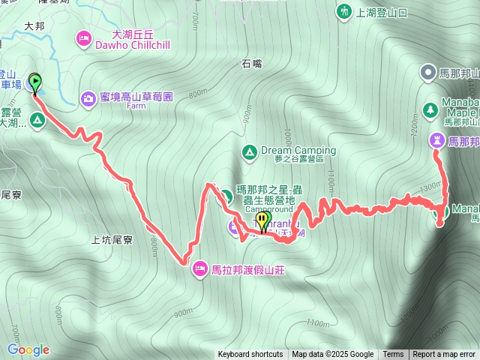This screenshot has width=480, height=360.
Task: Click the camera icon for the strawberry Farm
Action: pos(88,97)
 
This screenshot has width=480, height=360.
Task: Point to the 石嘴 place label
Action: pos(252,64)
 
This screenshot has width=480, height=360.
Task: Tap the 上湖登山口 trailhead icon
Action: pos(343,11)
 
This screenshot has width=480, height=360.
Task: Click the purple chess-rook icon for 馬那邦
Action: pos(437,140)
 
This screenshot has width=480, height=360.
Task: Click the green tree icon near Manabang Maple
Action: pos(430,109)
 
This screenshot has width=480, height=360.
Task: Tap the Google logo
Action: pos(28,349)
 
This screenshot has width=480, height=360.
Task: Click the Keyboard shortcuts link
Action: pos(250,355)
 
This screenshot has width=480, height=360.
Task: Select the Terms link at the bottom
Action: pos(393,355)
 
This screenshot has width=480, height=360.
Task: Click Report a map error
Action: pos(444,355)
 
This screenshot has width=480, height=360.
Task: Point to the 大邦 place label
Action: pos(34,25)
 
